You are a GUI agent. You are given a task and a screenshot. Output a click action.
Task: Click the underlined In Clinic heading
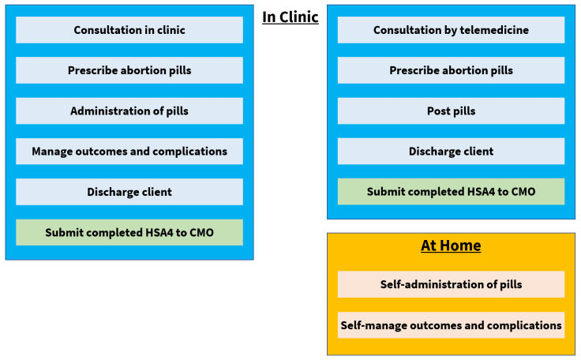pos(290,17)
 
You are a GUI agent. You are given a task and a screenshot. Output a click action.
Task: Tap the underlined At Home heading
pos(451,246)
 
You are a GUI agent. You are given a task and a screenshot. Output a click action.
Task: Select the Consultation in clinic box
pos(129,30)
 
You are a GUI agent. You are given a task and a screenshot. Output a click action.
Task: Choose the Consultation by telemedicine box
pos(451,30)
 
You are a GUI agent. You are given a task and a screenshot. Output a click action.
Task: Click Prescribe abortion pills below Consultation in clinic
pos(129,70)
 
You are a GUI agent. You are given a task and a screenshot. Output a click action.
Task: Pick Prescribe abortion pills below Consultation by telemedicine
pos(451,70)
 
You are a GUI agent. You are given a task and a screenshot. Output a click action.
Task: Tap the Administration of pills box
pos(129,111)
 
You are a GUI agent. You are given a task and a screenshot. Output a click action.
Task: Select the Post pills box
pos(451,111)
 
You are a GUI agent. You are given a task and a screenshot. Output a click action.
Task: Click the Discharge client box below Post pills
pos(451,151)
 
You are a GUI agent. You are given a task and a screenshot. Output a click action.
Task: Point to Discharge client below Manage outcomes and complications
pos(129,192)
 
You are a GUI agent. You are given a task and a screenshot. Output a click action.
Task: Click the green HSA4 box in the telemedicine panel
pos(451,192)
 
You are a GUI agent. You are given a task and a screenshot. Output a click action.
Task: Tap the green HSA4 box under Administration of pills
pos(129,232)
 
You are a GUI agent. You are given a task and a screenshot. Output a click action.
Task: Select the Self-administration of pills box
pos(451,284)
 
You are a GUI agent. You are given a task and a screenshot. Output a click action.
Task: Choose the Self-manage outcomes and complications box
pos(451,324)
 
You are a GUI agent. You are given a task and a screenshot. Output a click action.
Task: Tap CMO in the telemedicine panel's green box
pos(522,192)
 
